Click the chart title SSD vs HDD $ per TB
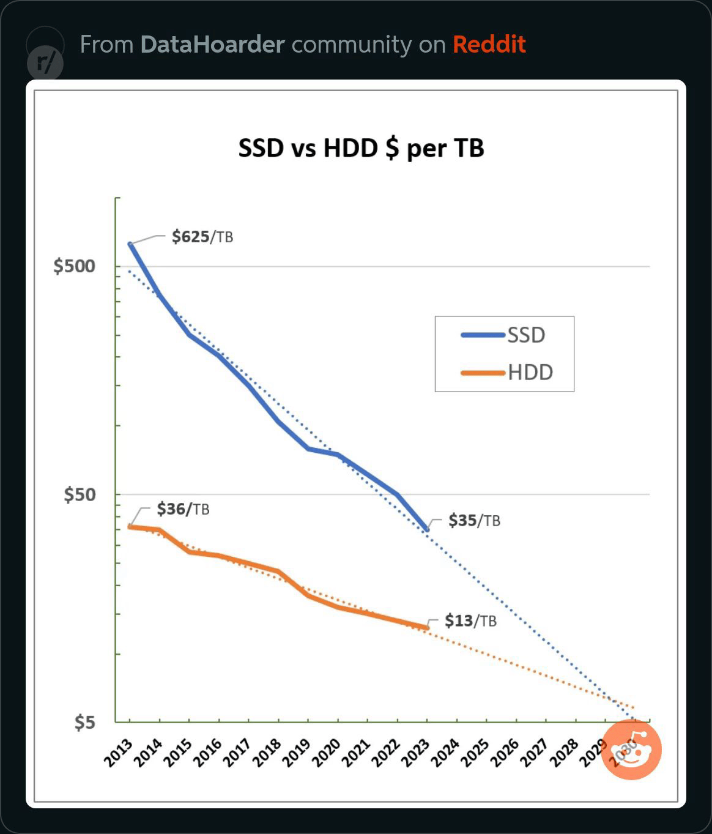361,149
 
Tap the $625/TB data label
202,237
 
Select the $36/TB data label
183,509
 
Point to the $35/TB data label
475,521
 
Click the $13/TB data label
471,620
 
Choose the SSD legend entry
503,335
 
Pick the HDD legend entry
507,373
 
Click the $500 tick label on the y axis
74,266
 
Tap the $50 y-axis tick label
80,494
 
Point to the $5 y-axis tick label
84,722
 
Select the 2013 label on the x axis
118,752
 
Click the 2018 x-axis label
267,752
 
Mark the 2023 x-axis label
415,752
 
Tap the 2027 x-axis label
534,752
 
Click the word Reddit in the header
489,44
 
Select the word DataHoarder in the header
213,44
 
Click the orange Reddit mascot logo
631,750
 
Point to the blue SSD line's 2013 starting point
130,244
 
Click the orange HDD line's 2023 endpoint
427,628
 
